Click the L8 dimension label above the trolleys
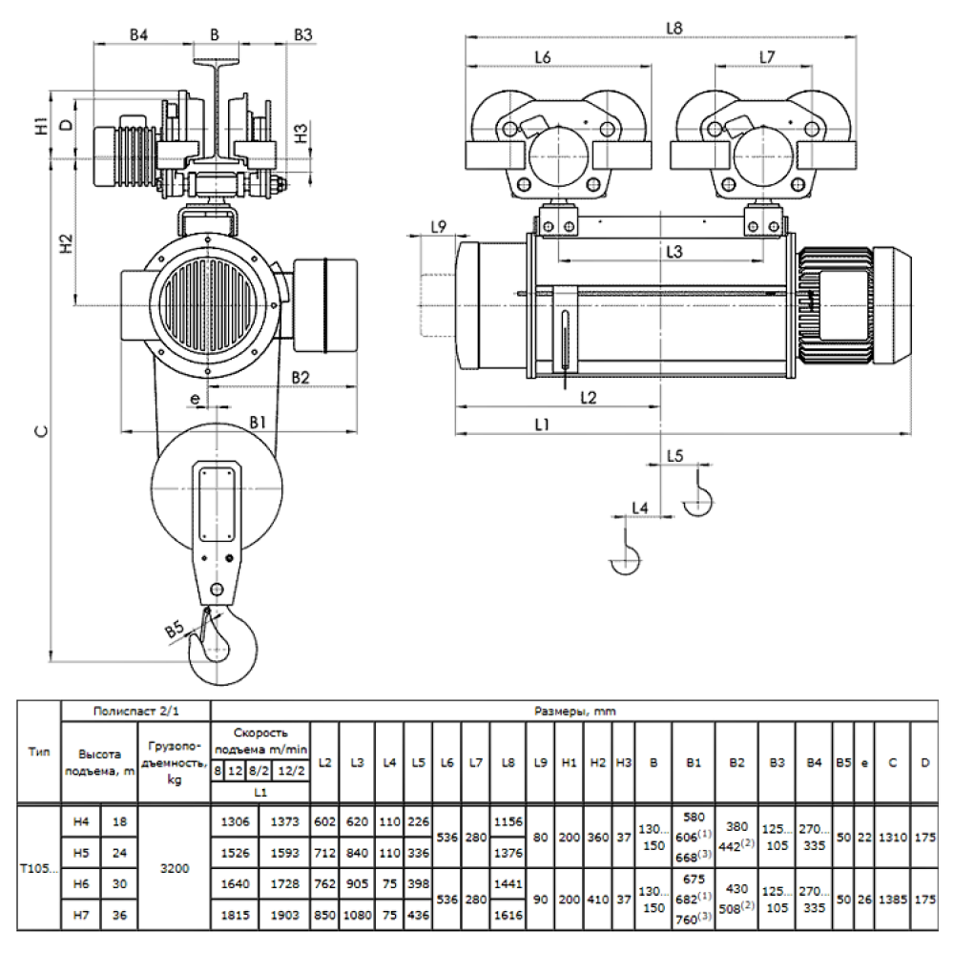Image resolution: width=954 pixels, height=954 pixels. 675,29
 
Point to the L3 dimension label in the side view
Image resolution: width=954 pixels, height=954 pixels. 674,252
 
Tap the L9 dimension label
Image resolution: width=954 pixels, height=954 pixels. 439,227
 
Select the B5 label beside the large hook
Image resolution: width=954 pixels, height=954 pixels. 174,631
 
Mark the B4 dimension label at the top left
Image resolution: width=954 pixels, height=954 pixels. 139,35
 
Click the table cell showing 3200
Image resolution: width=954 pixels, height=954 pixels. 176,869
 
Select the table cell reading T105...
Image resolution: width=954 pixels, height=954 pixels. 38,869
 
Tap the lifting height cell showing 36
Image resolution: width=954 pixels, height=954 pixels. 119,915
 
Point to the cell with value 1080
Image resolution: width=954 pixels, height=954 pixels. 357,915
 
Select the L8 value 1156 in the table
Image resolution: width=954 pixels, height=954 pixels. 508,820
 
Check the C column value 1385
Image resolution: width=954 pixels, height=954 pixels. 893,900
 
